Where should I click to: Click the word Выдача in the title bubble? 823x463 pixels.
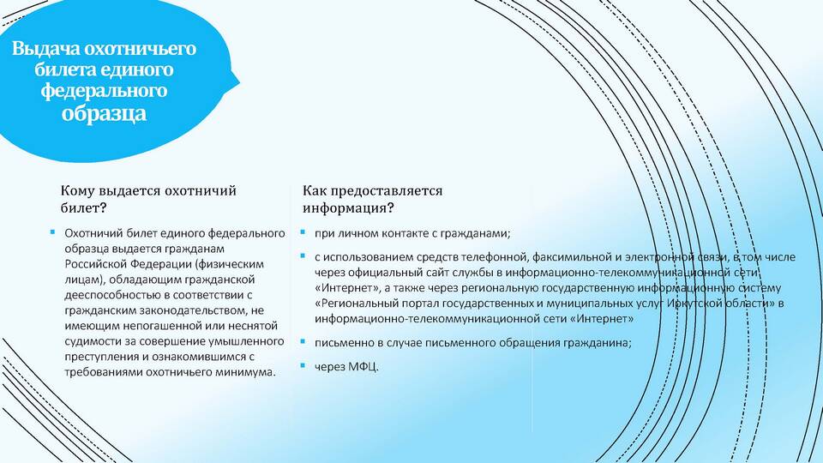(45, 48)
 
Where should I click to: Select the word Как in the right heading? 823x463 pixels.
(314, 190)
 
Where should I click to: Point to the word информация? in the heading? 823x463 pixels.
(348, 207)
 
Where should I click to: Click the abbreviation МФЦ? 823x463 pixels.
(363, 366)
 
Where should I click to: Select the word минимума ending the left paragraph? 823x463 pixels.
(250, 372)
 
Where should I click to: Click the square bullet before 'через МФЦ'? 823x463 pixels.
(303, 364)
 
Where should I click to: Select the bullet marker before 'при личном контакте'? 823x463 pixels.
(303, 231)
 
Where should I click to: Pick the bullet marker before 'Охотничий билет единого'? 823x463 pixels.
(52, 231)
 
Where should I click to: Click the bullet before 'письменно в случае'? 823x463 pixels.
(303, 340)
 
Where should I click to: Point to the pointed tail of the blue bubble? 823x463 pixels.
(239, 82)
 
